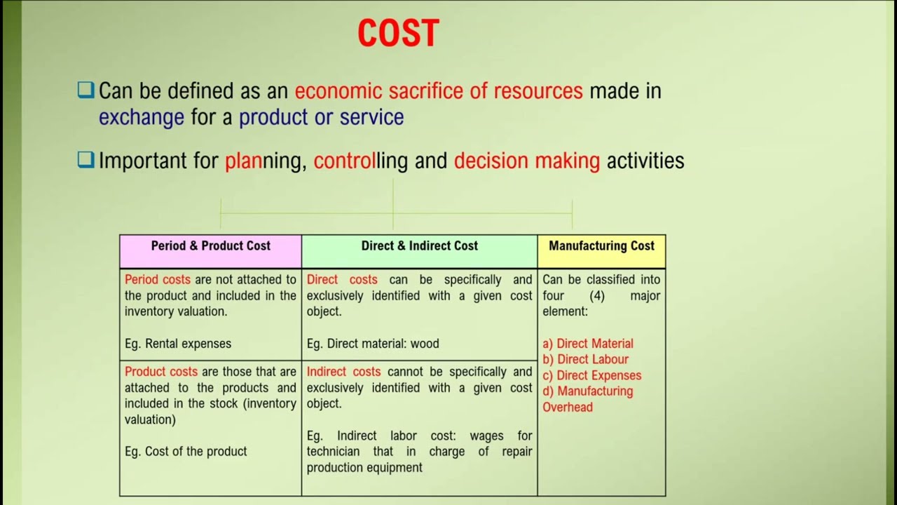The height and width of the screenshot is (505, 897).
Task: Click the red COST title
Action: coord(398,34)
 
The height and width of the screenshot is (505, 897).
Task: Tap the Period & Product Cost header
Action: coord(210,245)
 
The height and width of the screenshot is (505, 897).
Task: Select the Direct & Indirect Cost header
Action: coord(419,245)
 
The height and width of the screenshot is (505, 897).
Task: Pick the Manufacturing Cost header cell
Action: coord(601,245)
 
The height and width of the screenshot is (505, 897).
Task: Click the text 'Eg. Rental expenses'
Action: coord(178,344)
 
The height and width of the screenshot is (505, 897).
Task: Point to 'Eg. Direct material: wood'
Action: coord(373,344)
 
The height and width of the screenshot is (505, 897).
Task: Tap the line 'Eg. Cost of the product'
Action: coord(186,452)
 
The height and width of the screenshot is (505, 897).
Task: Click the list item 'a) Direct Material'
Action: coord(588,344)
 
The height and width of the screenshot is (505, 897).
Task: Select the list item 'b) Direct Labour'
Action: coord(585,360)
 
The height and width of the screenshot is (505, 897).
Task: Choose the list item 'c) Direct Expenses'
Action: coord(591,375)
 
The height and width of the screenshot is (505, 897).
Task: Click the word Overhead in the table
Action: coord(568,408)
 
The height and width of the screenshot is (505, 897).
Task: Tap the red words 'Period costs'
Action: coord(158,280)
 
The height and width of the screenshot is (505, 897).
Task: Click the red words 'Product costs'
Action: coord(161,372)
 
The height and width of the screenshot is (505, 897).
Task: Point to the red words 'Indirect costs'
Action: coord(343,372)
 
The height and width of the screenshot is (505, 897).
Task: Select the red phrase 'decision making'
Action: coord(527,161)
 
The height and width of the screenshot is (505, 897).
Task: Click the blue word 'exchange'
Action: coord(142,117)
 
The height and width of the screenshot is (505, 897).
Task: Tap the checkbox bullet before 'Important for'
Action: coord(85,161)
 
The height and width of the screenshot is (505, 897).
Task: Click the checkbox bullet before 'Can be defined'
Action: coord(85,90)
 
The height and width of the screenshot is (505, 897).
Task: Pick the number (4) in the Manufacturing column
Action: coord(597,296)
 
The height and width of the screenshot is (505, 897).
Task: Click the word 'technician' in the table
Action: coord(333,452)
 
